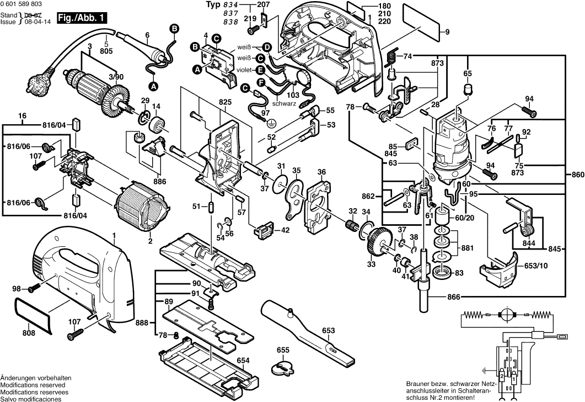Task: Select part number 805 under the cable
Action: tap(106, 51)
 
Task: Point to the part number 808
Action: tap(28, 333)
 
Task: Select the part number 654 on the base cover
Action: tap(243, 361)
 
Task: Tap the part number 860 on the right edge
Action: tap(576, 175)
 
